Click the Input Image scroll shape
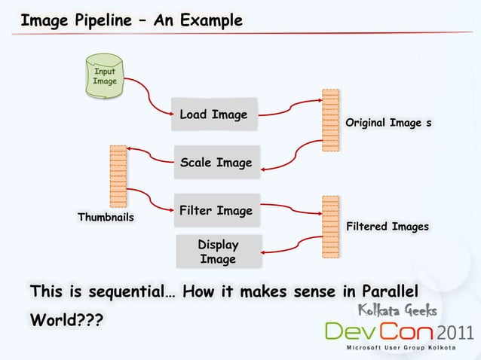104,78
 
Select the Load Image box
213,115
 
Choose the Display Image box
218,252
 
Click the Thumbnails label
106,218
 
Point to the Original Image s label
388,122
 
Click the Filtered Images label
387,226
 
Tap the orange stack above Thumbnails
118,175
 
